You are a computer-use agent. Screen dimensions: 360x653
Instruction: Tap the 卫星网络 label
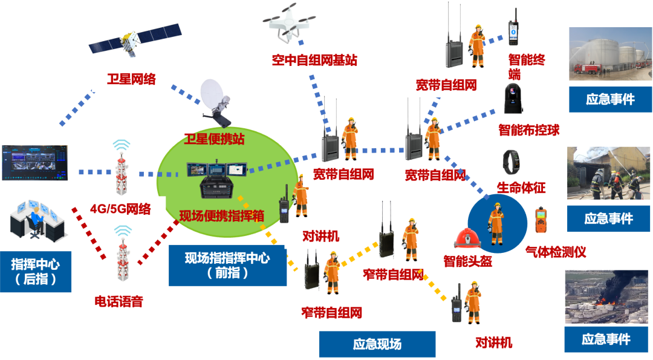[131, 79]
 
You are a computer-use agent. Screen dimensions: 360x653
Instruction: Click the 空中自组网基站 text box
[314, 61]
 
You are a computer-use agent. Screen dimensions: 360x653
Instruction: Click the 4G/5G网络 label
[120, 209]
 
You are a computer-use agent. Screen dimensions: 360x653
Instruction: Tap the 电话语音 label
[119, 301]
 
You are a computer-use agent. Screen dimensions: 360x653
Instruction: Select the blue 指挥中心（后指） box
[36, 271]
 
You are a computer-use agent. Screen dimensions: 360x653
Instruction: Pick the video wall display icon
[35, 162]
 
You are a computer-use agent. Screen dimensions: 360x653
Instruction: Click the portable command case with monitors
[218, 178]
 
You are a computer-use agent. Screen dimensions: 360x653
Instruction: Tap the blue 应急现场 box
[377, 344]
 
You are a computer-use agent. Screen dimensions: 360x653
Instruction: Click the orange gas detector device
[541, 220]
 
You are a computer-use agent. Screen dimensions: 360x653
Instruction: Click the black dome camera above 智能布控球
[513, 99]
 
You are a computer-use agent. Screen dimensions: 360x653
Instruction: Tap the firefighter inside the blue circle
[496, 223]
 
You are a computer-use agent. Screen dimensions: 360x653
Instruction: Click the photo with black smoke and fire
[607, 297]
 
